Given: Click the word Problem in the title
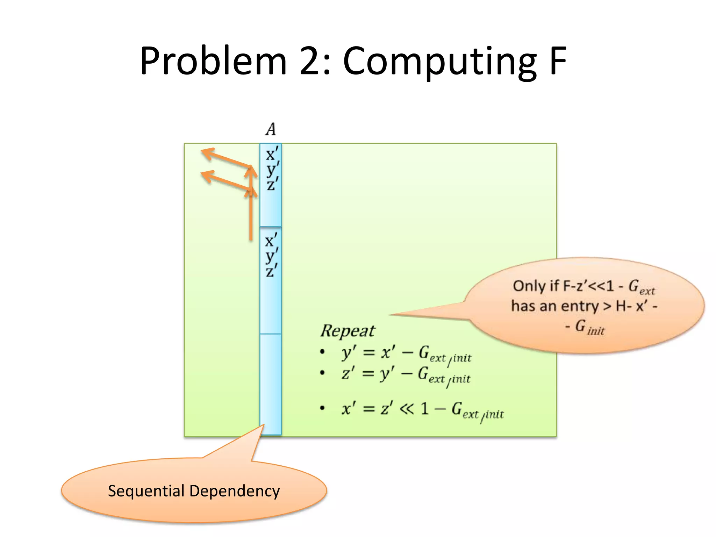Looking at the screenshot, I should pos(213,61).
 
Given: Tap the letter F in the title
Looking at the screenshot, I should pos(557,61).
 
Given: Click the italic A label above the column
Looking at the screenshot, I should pos(271,129).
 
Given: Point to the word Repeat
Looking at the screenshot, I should pos(348,331).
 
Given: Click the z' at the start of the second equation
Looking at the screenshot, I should pos(348,373).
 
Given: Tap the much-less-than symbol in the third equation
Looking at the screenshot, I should pos(406,408).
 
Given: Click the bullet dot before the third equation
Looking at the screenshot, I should pos(322,408).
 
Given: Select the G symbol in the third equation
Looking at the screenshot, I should pos(457,408).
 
